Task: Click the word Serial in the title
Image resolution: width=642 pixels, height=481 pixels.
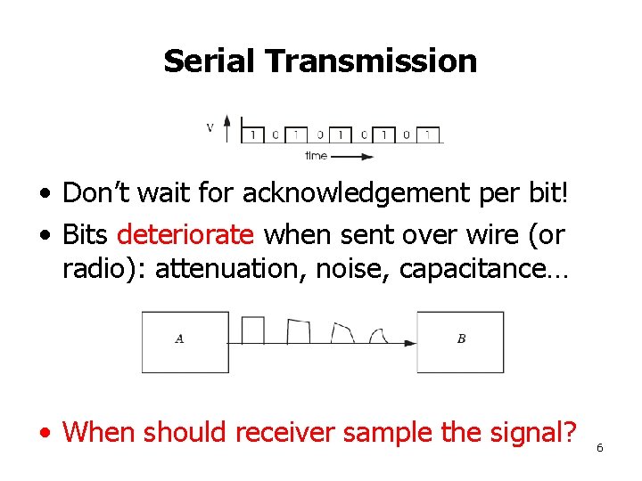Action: (210, 61)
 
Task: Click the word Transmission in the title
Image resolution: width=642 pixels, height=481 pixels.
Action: (371, 61)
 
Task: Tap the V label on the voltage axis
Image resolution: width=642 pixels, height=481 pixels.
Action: (210, 127)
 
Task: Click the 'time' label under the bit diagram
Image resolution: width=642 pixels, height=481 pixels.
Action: (316, 156)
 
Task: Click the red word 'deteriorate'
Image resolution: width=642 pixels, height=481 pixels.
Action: (185, 235)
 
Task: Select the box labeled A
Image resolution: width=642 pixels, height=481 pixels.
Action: (185, 342)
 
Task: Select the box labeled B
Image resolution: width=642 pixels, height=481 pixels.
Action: (460, 342)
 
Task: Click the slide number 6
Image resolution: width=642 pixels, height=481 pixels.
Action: (599, 447)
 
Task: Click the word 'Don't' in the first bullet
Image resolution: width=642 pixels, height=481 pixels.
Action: (95, 192)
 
